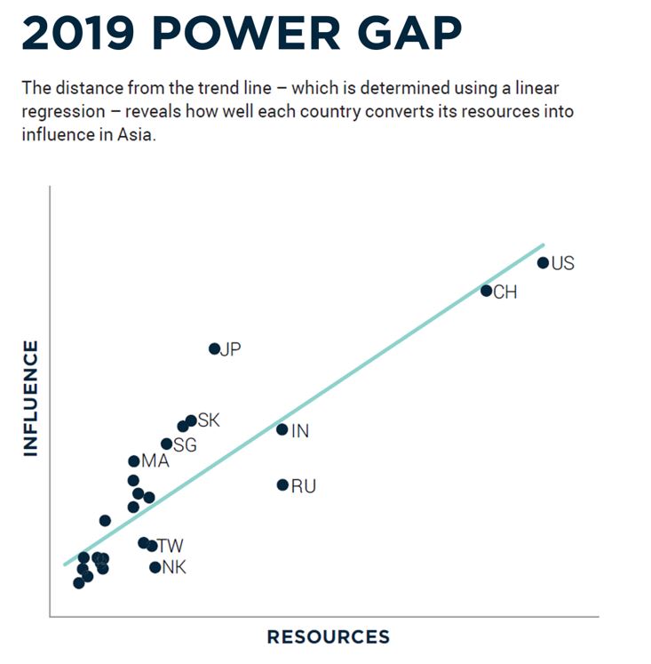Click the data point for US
coord(543,263)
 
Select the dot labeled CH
coord(487,291)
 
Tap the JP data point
coord(214,348)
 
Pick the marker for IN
coord(282,429)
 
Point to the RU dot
coord(282,484)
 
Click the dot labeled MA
coord(134,461)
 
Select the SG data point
coord(166,444)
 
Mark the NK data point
coord(155,567)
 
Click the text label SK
coord(209,420)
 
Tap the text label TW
coord(171,546)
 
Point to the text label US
coord(563,263)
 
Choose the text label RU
coord(304,486)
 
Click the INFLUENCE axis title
coord(31,397)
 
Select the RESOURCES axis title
coord(328,636)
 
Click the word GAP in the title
coord(408,34)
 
